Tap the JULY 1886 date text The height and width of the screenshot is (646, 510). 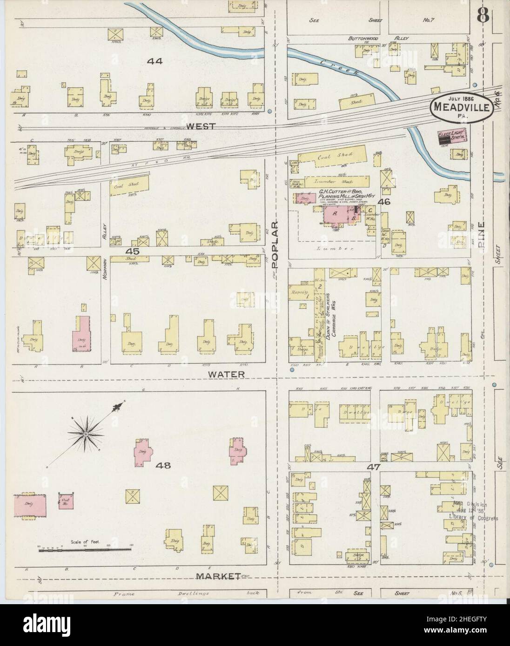coord(456,98)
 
